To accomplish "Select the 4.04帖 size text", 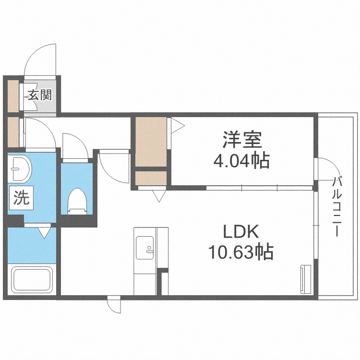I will click(241, 160).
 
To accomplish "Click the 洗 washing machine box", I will click(21, 198).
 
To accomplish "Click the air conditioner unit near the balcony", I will click(305, 278).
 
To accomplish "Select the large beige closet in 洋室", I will click(150, 141).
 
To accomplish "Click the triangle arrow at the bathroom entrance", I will click(44, 233).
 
